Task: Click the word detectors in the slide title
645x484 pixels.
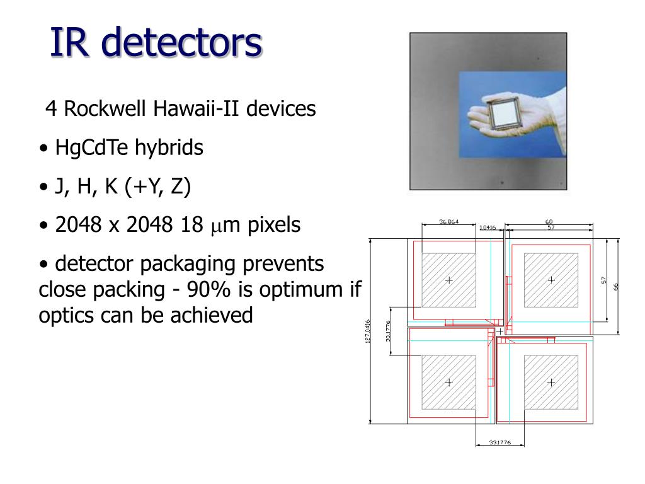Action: tap(181, 43)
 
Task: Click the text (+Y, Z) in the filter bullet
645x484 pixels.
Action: tap(157, 187)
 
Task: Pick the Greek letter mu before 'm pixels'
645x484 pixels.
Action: tap(214, 227)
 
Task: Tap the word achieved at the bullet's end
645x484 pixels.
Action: tap(211, 315)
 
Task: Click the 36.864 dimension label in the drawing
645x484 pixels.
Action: tap(449, 222)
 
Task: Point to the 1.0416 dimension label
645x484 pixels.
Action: tap(488, 228)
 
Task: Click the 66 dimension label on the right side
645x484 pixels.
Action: tap(617, 285)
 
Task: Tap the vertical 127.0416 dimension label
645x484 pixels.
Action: tap(367, 331)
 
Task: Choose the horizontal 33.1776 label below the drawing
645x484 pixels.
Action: tap(499, 442)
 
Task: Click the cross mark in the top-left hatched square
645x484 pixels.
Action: tap(449, 280)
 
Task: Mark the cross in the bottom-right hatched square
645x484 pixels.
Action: tap(551, 382)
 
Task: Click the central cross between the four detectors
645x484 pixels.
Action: tap(500, 331)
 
